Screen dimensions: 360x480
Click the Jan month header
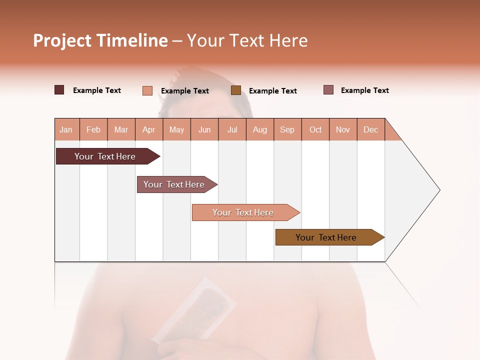(x=66, y=129)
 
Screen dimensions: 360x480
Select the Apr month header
(x=148, y=129)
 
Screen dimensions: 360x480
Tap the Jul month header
(x=232, y=129)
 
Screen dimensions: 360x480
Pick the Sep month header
(x=287, y=129)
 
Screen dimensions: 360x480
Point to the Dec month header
(x=370, y=129)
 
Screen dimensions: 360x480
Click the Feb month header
(x=93, y=129)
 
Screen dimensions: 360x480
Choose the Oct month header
(x=315, y=129)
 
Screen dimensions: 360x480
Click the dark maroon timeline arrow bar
(x=105, y=156)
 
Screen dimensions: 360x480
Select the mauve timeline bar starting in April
(x=174, y=184)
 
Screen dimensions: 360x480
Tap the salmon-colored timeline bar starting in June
(x=243, y=212)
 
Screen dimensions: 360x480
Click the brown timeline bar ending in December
(x=326, y=237)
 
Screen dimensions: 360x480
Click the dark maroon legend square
(x=59, y=90)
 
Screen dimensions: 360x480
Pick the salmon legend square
(x=147, y=90)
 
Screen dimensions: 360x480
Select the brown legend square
(x=236, y=90)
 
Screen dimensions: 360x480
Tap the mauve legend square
(x=328, y=90)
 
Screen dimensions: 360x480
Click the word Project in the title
(x=61, y=41)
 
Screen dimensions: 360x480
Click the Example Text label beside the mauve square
(x=364, y=90)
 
